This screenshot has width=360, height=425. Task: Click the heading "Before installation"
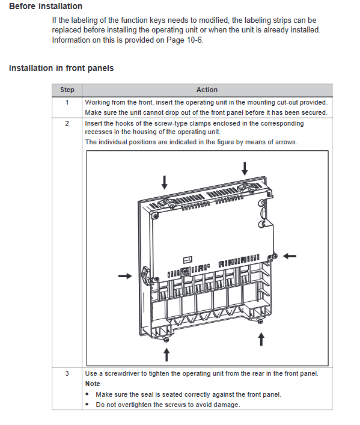click(46, 6)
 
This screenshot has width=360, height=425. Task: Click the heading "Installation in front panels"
click(61, 68)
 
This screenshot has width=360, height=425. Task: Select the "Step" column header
click(67, 90)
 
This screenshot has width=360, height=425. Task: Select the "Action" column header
click(207, 90)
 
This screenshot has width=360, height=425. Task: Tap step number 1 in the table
click(67, 102)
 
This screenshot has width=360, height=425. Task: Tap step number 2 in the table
click(67, 123)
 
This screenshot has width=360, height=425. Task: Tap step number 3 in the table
click(67, 373)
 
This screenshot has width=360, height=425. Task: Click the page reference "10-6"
click(194, 40)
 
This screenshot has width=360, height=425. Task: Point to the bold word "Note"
click(93, 384)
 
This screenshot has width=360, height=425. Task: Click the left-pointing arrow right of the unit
click(290, 256)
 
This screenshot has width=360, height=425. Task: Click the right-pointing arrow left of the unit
click(125, 276)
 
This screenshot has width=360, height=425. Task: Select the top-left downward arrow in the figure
click(164, 182)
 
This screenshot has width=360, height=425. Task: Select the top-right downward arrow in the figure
click(245, 168)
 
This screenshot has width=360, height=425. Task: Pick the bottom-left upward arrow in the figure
click(166, 355)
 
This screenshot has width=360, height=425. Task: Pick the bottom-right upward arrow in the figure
click(261, 340)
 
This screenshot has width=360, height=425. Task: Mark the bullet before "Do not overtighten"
click(87, 405)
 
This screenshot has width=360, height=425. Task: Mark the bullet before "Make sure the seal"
click(87, 394)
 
